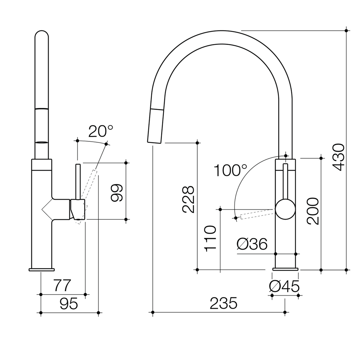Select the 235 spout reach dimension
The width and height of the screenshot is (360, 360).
click(x=223, y=303)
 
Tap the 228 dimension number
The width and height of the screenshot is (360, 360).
click(x=188, y=199)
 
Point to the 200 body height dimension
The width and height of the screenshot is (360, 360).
click(x=313, y=211)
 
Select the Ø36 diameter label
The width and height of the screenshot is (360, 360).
click(x=252, y=244)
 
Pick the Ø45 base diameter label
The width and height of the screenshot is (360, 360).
click(x=284, y=286)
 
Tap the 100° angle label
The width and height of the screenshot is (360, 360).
click(x=230, y=170)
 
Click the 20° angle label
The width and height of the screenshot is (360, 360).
click(x=101, y=131)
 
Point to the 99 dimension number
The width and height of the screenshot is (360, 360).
click(x=117, y=193)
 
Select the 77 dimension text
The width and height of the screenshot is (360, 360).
click(x=62, y=286)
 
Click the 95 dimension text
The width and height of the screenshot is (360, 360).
click(x=69, y=304)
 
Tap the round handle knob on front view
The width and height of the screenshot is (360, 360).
click(x=285, y=209)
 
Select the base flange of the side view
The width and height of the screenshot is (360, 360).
click(x=42, y=269)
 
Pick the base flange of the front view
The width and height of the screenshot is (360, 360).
click(x=285, y=269)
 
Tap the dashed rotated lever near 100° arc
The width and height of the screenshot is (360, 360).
click(x=255, y=214)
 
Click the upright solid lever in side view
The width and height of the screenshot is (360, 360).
click(x=78, y=182)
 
